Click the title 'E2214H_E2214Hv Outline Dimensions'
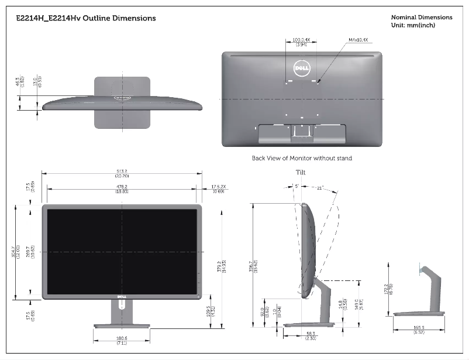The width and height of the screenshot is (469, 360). [87, 18]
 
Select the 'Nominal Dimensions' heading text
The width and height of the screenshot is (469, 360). [421, 18]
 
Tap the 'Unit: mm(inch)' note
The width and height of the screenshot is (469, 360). [413, 25]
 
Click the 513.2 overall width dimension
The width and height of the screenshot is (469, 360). [122, 172]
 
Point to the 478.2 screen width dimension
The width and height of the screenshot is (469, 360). [122, 187]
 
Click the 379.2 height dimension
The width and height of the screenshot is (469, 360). [219, 266]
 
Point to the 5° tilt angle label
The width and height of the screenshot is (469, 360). [296, 186]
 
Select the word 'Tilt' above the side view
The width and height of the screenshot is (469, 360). [301, 173]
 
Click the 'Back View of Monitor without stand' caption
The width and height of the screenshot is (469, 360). [302, 158]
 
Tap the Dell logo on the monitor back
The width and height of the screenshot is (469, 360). [301, 69]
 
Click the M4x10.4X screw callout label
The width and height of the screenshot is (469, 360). [358, 40]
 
